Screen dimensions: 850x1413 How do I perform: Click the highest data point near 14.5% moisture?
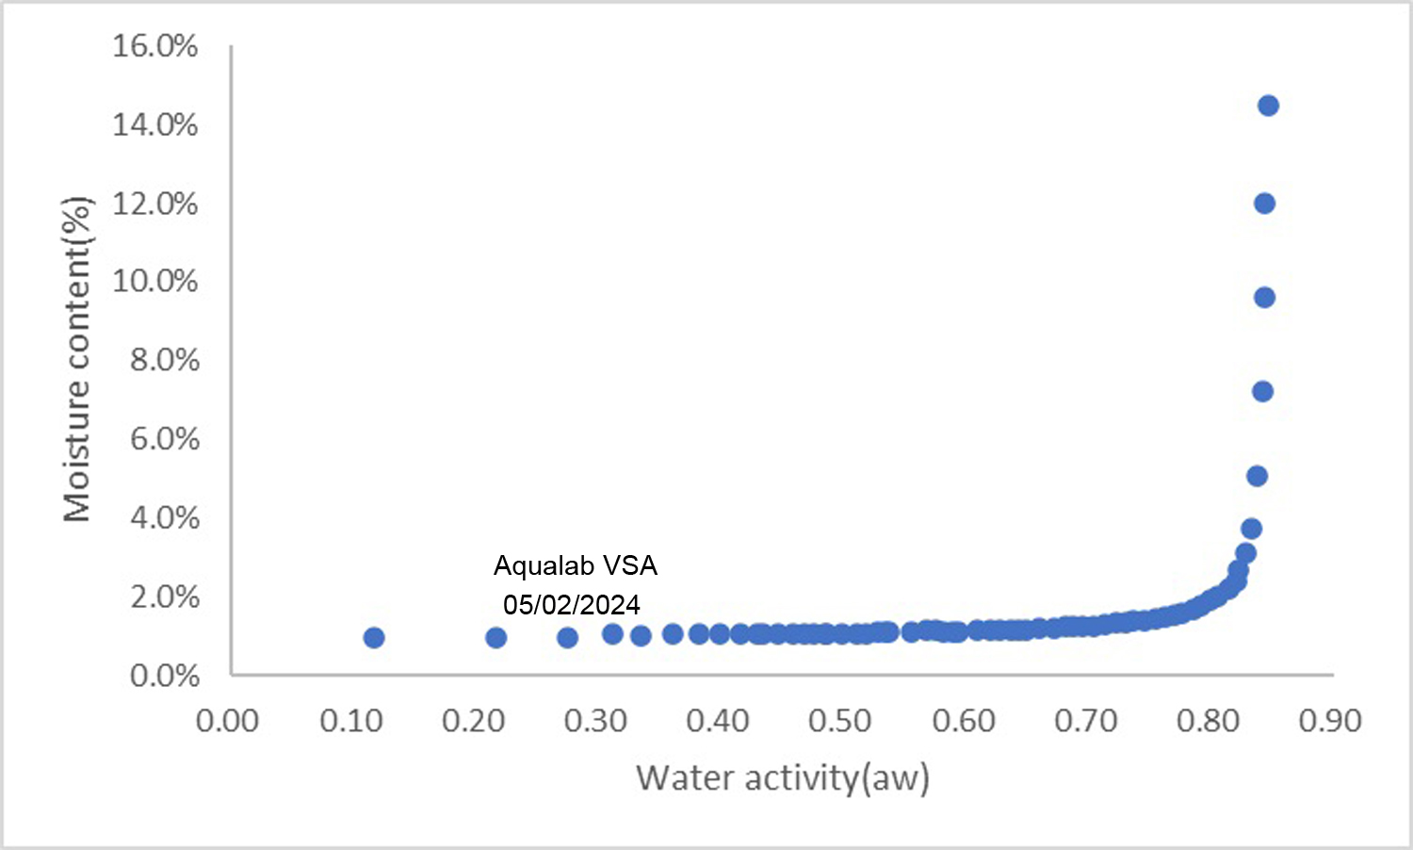click(x=1268, y=106)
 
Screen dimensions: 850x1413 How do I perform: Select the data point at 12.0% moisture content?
click(x=1264, y=204)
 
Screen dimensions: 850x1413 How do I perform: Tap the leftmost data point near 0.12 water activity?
click(x=374, y=638)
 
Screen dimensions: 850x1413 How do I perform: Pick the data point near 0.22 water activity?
click(x=496, y=638)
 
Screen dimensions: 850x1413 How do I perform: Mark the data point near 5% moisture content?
click(x=1257, y=476)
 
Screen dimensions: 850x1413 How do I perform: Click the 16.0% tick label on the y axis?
click(x=155, y=45)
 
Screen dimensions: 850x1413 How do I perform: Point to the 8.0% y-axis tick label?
click(x=165, y=360)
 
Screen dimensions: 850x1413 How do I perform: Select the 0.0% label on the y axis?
click(x=165, y=676)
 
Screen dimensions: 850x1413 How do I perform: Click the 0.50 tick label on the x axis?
click(x=840, y=721)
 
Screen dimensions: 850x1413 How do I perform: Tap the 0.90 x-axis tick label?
click(x=1330, y=721)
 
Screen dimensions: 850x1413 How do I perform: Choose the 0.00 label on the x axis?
click(x=228, y=721)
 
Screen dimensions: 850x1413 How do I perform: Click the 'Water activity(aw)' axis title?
click(x=783, y=778)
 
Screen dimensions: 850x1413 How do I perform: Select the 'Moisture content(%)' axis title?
click(x=77, y=359)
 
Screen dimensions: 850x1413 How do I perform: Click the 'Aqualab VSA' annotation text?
click(x=576, y=565)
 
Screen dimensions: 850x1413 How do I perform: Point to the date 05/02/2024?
click(x=572, y=604)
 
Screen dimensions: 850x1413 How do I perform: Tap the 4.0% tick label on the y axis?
click(x=165, y=517)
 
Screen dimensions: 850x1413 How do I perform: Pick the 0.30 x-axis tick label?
click(x=595, y=721)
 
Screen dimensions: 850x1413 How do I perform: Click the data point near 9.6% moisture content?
click(x=1264, y=298)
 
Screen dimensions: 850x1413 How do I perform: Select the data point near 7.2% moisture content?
click(x=1262, y=391)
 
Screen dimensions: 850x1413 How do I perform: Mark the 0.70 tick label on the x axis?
click(x=1085, y=721)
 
